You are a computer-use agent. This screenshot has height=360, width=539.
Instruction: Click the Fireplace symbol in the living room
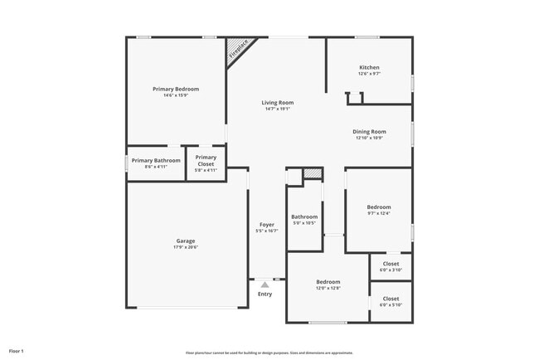[x=239, y=49]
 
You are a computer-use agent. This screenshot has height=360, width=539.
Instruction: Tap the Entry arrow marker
[x=265, y=285]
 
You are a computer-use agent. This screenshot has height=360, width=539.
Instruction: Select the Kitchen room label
[x=369, y=67]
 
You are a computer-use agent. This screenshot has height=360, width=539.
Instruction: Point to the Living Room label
[x=278, y=103]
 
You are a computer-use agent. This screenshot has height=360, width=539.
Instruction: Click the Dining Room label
[x=370, y=131]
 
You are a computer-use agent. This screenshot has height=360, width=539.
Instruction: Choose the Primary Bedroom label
[x=176, y=89]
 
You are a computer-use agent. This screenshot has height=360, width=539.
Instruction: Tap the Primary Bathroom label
[x=156, y=160]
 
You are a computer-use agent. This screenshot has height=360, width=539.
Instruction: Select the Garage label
[x=186, y=241]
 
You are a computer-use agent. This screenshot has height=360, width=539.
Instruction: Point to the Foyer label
[x=267, y=225]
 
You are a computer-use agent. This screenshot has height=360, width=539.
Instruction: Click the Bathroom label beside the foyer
[x=304, y=217]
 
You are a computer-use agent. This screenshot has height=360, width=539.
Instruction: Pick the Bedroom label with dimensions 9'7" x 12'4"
[x=379, y=207]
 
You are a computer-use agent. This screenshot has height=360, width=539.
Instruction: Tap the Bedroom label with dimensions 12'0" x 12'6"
[x=328, y=282]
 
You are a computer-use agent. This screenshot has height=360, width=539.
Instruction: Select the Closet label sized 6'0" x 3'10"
[x=391, y=265]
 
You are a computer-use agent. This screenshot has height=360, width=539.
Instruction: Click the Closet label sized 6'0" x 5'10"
[x=391, y=299]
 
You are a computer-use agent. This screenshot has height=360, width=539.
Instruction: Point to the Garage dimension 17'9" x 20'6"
[x=186, y=247]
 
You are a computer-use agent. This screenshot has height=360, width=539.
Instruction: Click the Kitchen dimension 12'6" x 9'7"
[x=369, y=74]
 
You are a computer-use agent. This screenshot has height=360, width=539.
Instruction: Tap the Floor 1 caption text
[x=17, y=352]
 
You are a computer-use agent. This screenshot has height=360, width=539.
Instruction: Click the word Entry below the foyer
[x=265, y=294]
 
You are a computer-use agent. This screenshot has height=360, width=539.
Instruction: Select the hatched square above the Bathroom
[x=312, y=173]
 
